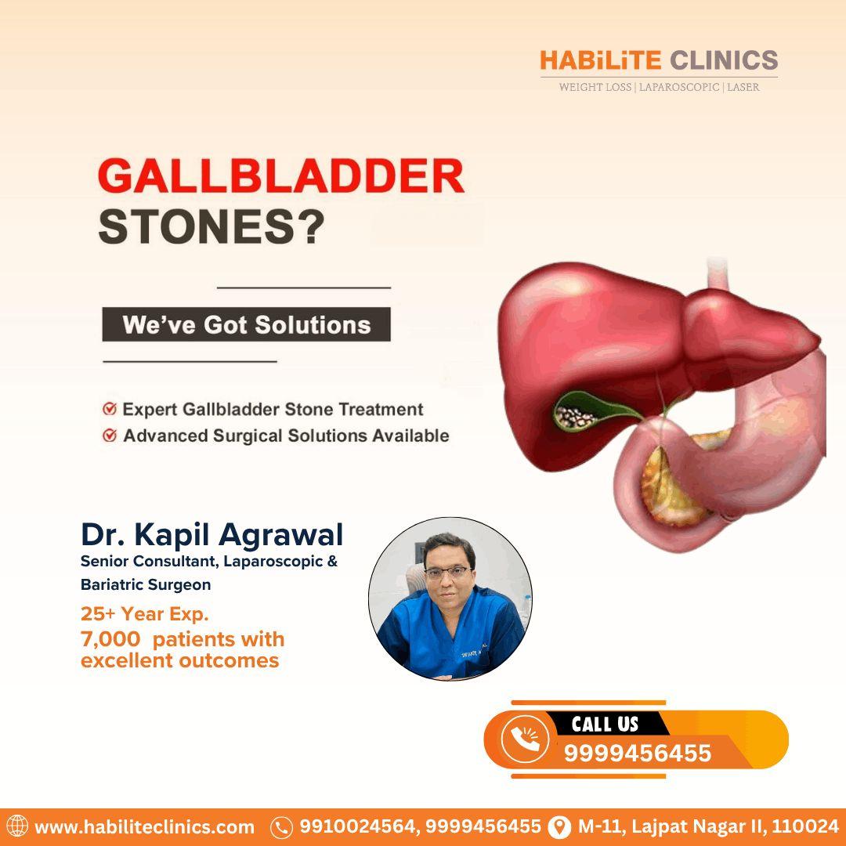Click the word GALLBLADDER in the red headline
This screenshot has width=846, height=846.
click(x=280, y=178)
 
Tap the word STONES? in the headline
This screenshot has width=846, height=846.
click(x=211, y=229)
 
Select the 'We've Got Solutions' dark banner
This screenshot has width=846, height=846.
click(x=246, y=324)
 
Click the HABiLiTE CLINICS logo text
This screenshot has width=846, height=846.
click(x=659, y=60)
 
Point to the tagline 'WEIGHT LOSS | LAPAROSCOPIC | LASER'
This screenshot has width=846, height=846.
click(x=659, y=87)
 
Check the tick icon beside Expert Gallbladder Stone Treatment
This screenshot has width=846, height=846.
click(x=110, y=409)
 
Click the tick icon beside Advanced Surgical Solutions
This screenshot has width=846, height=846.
click(x=110, y=436)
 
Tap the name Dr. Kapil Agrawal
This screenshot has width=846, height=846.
click(x=211, y=534)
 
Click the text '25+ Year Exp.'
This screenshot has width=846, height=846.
click(x=144, y=613)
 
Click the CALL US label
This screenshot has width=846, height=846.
click(x=605, y=724)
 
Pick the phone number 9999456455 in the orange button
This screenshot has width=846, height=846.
click(x=638, y=754)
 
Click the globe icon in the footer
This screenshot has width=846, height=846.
click(x=16, y=826)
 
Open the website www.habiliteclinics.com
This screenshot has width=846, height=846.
click(x=144, y=827)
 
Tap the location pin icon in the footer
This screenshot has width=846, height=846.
click(x=559, y=827)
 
